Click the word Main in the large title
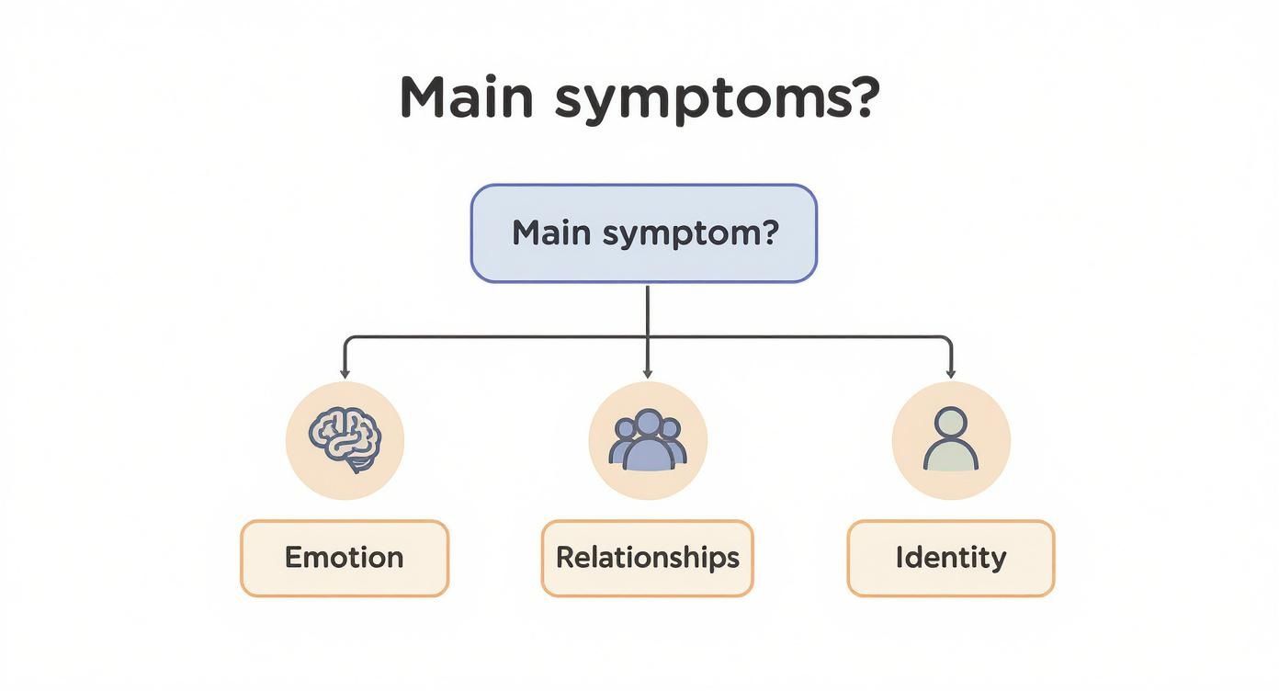[x=466, y=96]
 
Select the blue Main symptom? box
[x=643, y=232]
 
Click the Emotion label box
[x=345, y=558]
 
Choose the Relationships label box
[x=647, y=558]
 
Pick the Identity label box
[x=951, y=558]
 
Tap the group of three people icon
[x=648, y=441]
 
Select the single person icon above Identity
[x=951, y=441]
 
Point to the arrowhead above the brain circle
[x=345, y=373]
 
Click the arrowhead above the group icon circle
[x=648, y=373]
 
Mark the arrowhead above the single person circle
[x=951, y=373]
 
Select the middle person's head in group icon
[x=648, y=424]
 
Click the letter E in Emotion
[x=293, y=558]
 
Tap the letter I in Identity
[x=900, y=558]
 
